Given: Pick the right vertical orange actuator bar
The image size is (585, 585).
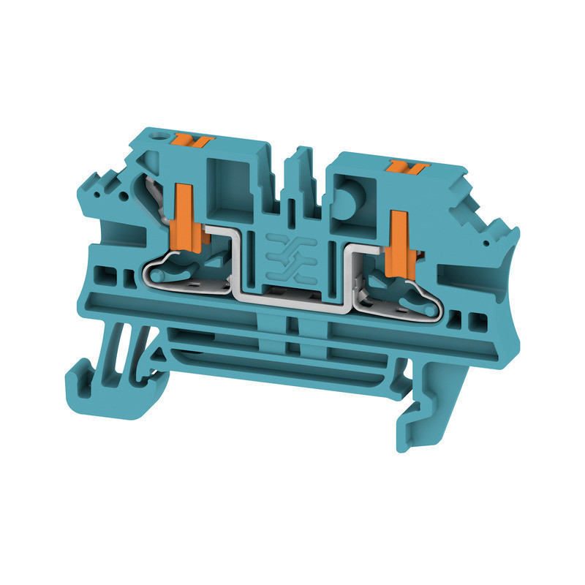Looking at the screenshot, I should [x=399, y=245].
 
